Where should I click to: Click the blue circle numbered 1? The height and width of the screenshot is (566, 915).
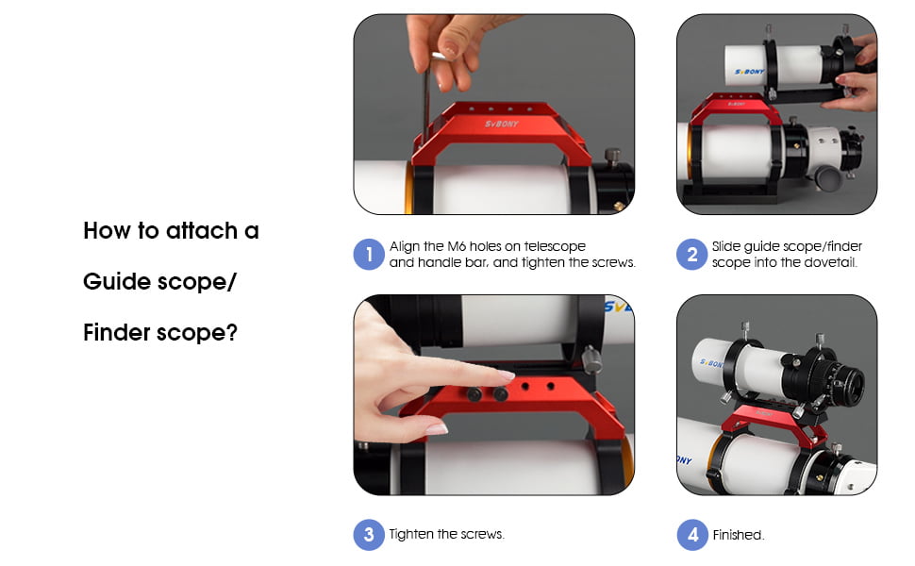(369, 255)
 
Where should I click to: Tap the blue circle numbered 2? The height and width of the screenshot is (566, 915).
(692, 255)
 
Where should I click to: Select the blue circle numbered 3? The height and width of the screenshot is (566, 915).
(369, 535)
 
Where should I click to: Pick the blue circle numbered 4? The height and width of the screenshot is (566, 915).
(692, 535)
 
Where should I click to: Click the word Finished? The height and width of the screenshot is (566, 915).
(738, 535)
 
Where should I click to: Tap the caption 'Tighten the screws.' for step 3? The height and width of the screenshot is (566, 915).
(446, 534)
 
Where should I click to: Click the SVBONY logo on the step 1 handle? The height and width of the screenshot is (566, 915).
(503, 124)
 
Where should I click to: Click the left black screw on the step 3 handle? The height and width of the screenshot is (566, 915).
(475, 393)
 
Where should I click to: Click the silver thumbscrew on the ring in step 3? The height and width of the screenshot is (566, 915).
(591, 359)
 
